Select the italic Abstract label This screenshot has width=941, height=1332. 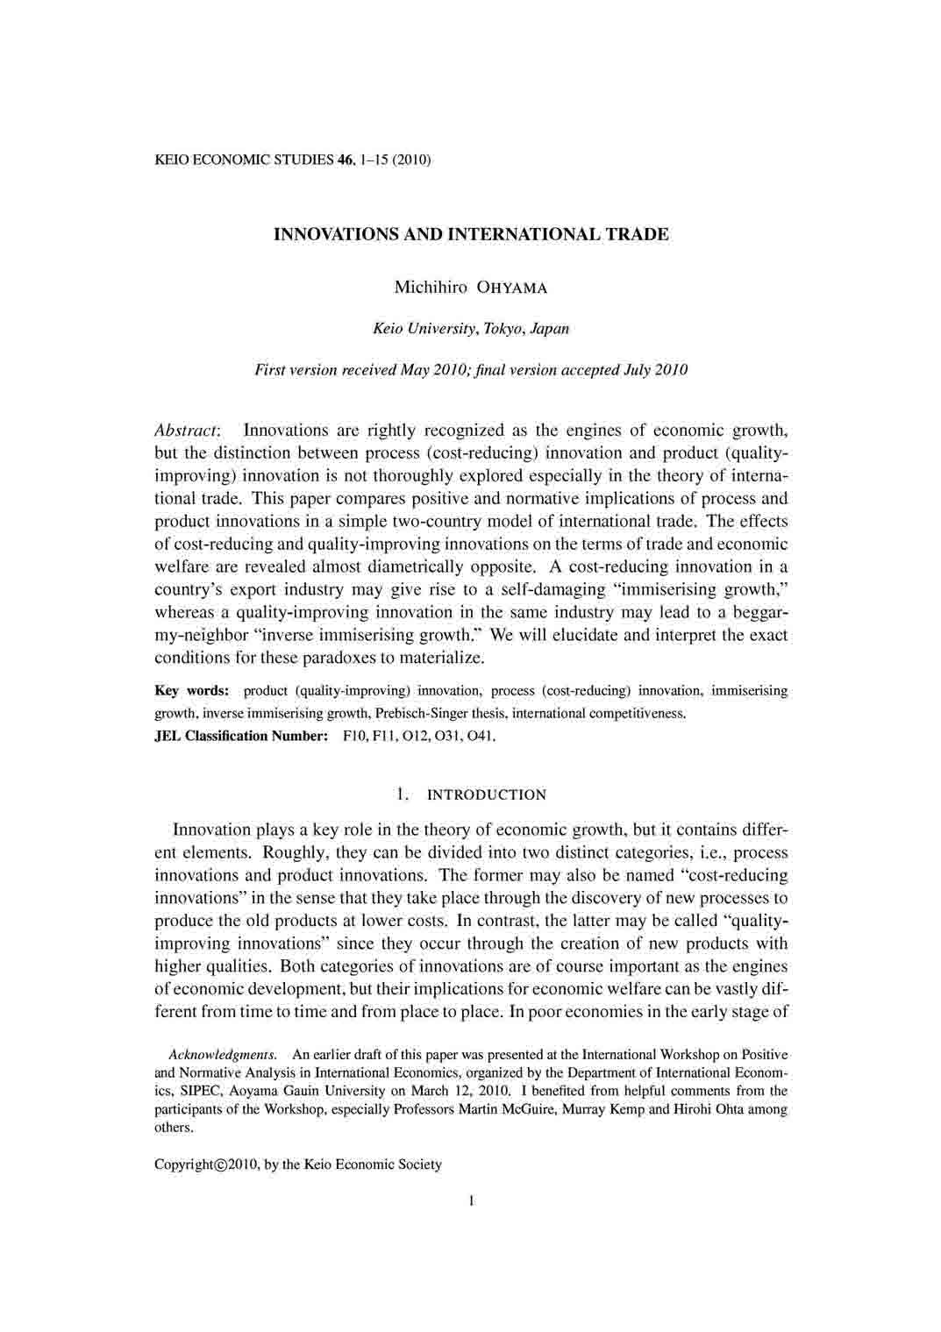[187, 431]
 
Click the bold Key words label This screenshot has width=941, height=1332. [191, 691]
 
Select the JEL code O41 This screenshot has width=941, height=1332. [481, 736]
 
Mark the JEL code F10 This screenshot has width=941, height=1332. [355, 736]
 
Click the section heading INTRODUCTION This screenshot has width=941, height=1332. [486, 795]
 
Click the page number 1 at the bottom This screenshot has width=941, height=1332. [471, 1201]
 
